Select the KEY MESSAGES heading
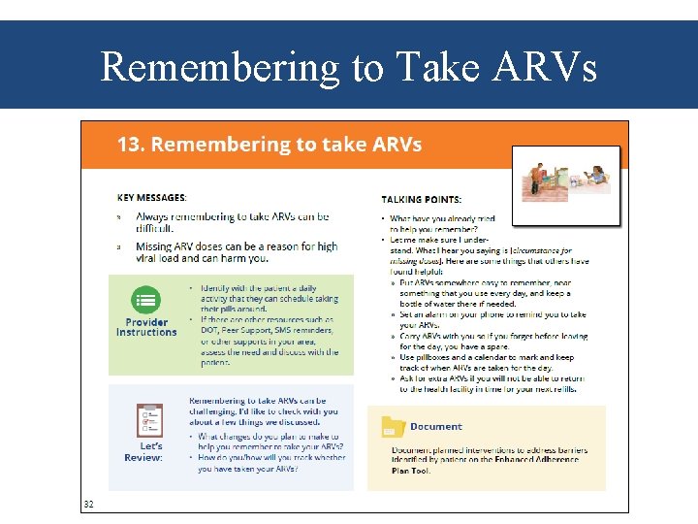[151, 197]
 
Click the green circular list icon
[146, 300]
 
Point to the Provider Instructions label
[146, 327]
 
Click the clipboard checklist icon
[148, 420]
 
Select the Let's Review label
[143, 451]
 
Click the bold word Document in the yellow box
[436, 427]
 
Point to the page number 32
[88, 504]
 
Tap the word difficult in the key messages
[155, 229]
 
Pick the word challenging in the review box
[216, 411]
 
